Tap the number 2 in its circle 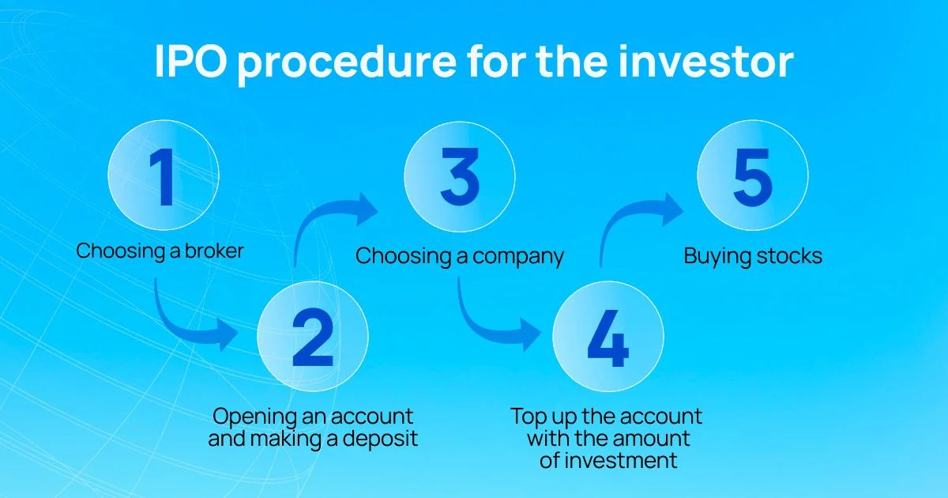[313, 337]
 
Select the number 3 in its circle [460, 176]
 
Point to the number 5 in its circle [753, 177]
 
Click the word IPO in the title [191, 62]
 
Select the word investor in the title [706, 61]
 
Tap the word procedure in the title [347, 63]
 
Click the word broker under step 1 [214, 251]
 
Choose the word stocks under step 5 [789, 256]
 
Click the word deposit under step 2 [380, 440]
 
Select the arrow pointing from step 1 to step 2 [178, 325]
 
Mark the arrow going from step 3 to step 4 [482, 326]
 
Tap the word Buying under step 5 [717, 257]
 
